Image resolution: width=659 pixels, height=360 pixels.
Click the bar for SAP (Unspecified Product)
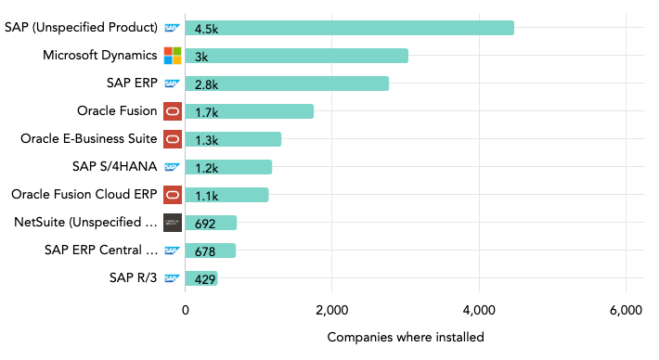[x=349, y=28]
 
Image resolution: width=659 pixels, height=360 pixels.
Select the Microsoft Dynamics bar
[x=296, y=56]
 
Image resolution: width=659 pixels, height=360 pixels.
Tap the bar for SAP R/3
[x=201, y=278]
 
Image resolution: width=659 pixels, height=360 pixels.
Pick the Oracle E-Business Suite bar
[x=233, y=139]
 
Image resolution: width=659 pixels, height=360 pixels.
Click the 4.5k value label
[x=206, y=28]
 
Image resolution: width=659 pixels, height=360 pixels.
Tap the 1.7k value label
[x=206, y=111]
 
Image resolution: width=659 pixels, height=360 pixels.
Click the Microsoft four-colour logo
[x=173, y=56]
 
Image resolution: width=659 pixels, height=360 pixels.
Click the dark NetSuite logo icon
[x=173, y=223]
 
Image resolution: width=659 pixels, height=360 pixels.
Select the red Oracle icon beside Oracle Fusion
[x=173, y=111]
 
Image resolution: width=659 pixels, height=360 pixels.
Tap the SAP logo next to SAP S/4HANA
[x=172, y=167]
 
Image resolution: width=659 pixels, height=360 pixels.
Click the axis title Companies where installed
[x=406, y=337]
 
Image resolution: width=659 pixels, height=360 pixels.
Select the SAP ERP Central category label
[x=101, y=251]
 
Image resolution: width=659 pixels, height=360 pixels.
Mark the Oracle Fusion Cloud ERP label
[x=84, y=195]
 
